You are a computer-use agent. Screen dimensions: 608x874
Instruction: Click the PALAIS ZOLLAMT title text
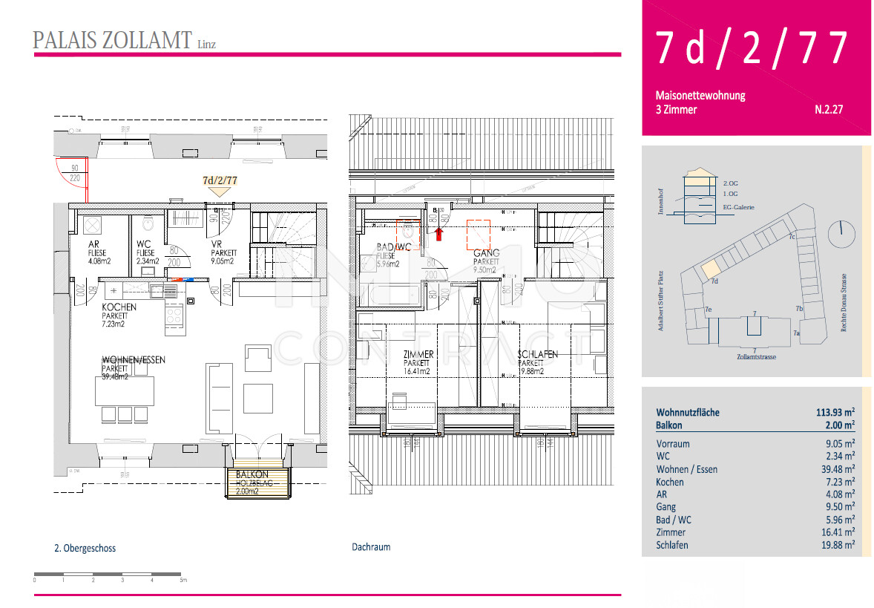pos(112,40)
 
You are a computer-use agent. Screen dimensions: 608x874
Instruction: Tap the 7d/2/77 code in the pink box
pos(750,48)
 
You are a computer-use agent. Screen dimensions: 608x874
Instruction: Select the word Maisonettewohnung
pos(700,96)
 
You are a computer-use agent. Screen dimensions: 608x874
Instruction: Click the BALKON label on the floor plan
pos(252,474)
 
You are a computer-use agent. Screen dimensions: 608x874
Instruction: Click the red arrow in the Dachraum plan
pos(439,235)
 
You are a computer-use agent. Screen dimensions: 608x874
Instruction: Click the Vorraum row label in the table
pos(672,444)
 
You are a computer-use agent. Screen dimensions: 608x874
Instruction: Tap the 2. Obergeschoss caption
pos(85,549)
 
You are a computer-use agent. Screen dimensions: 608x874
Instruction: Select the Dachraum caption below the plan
pos(371,547)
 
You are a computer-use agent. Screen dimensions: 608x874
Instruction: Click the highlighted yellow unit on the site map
pos(711,268)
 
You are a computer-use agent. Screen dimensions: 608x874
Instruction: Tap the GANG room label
pos(487,253)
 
